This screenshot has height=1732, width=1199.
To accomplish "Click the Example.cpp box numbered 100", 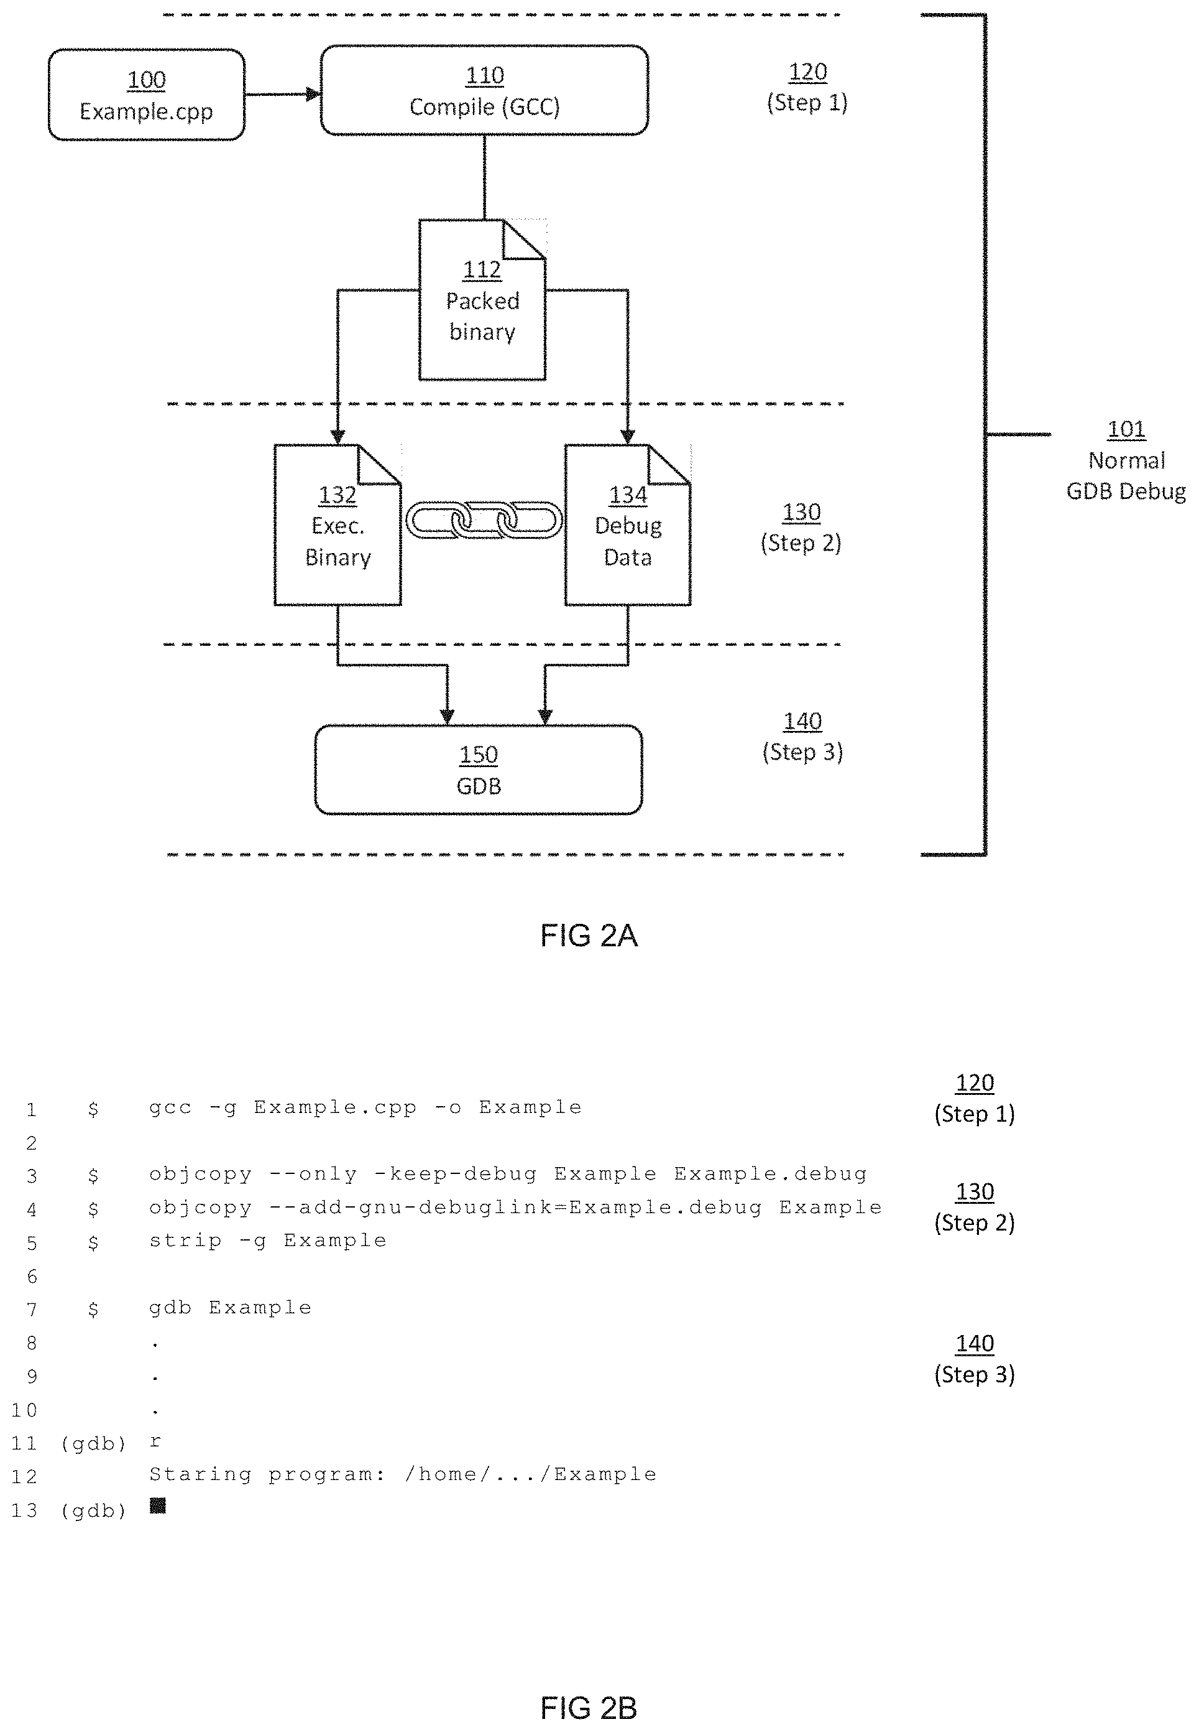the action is pos(147,95).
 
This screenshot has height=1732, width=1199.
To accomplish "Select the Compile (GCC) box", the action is pos(485,90).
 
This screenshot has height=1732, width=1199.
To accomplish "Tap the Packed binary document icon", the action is pos(482,299).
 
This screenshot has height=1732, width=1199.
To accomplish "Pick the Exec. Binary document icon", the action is pos(338,524).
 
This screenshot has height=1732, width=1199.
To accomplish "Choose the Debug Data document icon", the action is pos(628,524).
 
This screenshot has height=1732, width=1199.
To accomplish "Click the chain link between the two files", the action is pos(484,519).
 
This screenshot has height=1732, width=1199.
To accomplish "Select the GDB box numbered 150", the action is pos(479,770).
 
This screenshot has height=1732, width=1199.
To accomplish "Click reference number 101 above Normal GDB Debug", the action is pos(1126,429).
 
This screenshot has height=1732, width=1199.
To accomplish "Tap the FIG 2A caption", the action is pos(589,936).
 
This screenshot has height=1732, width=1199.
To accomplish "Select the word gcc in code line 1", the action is pos(170,1108).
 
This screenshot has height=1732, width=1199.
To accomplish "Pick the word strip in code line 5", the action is pos(186,1241).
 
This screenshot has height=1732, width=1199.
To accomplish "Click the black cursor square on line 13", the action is pos(158,1506).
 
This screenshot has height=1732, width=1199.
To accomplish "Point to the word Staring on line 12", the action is pos(201,1475).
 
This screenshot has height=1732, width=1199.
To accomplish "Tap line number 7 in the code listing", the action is pos(32,1310).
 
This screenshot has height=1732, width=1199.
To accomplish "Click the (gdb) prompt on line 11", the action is pos(94,1443).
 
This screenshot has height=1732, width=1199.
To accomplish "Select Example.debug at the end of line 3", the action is pos(771,1174).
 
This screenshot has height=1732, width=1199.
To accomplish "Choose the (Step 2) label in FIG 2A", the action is pos(801,542).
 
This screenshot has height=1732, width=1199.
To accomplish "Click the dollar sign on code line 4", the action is pos(93,1209).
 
